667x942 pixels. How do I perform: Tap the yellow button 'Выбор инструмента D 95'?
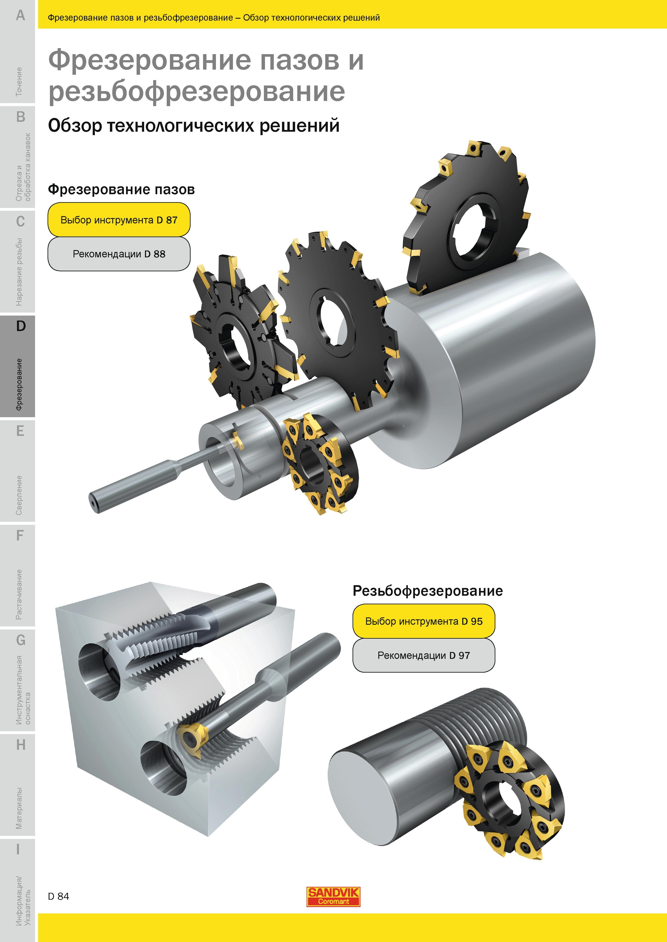point(424,621)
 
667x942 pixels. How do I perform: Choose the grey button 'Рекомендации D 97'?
point(424,655)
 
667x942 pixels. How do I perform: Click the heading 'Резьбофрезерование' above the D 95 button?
point(428,591)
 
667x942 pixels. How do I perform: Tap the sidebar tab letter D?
point(20,326)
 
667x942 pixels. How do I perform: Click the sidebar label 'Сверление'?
point(19,495)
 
